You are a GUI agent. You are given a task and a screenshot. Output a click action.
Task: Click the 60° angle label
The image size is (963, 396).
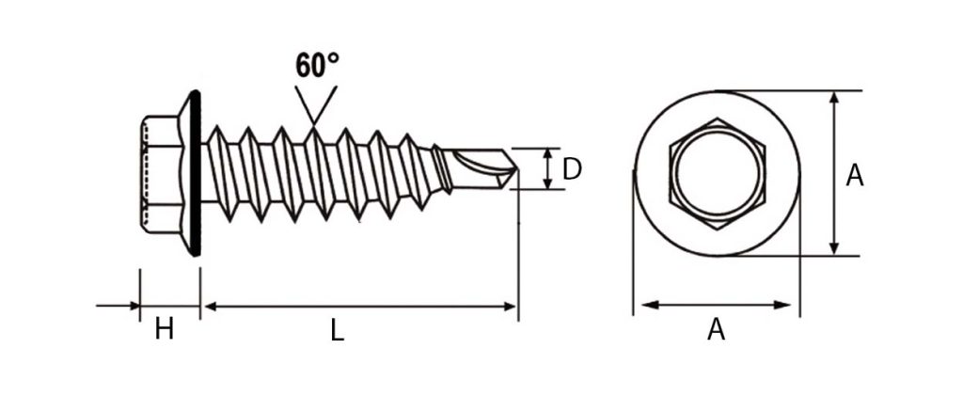tap(317, 65)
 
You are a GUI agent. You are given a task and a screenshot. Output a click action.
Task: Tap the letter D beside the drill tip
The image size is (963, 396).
tap(571, 169)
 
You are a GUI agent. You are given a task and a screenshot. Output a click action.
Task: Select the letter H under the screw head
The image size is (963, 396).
tap(164, 330)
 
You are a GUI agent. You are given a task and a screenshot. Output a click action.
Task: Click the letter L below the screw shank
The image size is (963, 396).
tap(338, 331)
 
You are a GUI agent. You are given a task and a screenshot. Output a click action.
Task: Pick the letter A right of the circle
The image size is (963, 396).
tap(854, 176)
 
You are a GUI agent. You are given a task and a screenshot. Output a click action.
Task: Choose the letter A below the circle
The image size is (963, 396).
tap(716, 330)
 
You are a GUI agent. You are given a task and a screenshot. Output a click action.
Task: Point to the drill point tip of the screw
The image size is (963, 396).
tap(518, 169)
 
